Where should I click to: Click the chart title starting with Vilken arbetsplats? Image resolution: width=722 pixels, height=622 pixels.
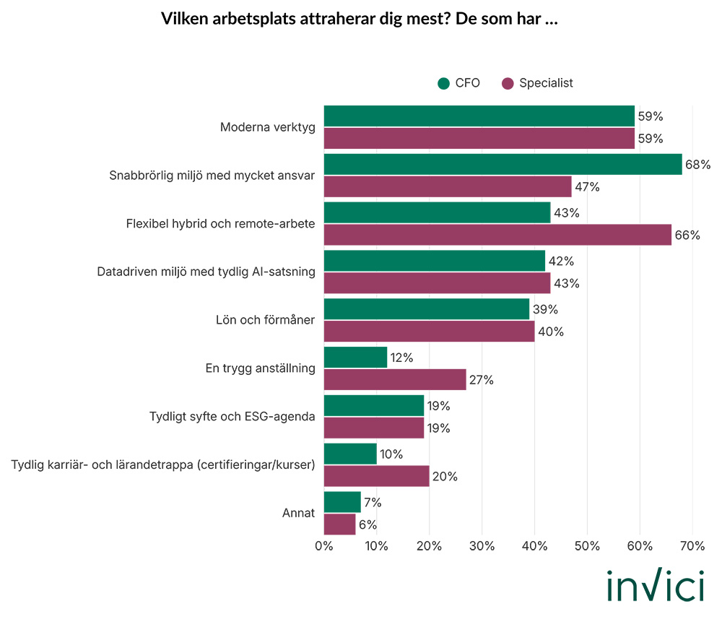click(x=360, y=19)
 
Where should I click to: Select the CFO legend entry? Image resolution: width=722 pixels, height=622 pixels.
click(x=458, y=83)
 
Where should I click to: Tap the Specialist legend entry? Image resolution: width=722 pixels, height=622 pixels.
click(x=537, y=83)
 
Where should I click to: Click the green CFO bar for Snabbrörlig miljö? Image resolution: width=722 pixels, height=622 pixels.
click(x=503, y=164)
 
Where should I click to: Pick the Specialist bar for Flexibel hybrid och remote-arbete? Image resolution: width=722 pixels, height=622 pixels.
click(x=497, y=235)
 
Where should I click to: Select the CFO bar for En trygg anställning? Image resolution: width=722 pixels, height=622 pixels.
click(x=355, y=358)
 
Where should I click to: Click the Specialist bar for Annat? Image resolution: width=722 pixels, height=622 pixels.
click(x=339, y=524)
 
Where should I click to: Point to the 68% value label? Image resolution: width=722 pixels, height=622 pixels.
click(x=697, y=165)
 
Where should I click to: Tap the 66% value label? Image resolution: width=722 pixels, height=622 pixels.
click(x=687, y=235)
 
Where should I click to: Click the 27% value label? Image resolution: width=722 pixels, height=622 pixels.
click(x=482, y=380)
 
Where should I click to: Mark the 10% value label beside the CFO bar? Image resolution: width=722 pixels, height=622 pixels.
click(x=392, y=454)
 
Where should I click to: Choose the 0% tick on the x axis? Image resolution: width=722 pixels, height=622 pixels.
click(x=324, y=547)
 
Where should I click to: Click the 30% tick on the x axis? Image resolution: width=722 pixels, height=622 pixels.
click(x=482, y=547)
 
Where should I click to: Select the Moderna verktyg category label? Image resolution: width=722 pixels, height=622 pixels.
click(x=267, y=127)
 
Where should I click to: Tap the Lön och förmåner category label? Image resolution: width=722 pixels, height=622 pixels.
click(x=265, y=320)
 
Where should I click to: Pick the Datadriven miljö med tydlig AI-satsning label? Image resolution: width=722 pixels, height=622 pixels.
click(x=206, y=272)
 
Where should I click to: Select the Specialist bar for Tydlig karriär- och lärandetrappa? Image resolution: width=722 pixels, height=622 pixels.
click(x=376, y=476)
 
